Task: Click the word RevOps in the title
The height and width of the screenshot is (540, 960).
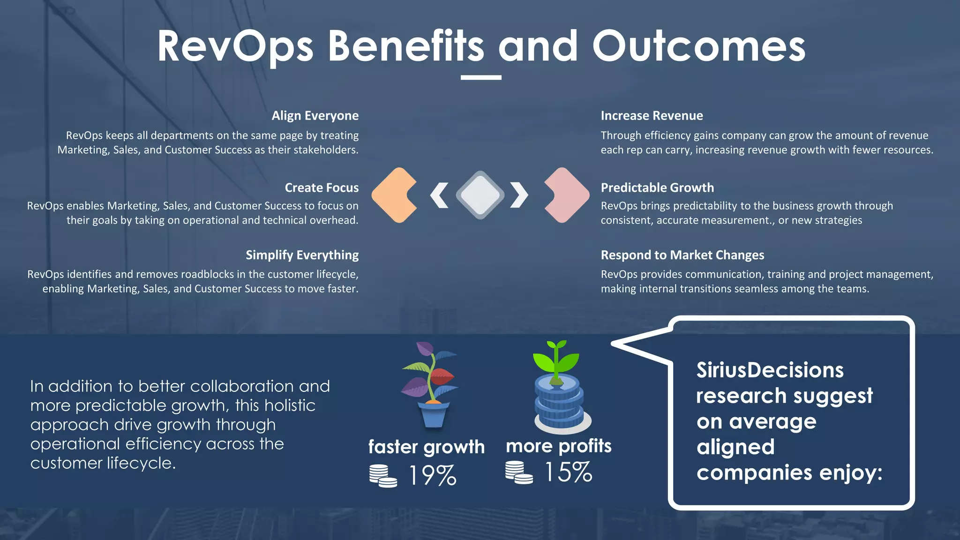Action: click(x=235, y=47)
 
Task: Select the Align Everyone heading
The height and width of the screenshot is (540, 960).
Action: click(x=315, y=116)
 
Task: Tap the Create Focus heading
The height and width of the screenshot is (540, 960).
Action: click(x=322, y=188)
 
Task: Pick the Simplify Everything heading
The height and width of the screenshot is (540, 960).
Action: click(x=302, y=255)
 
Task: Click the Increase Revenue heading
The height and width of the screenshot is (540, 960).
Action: click(x=652, y=116)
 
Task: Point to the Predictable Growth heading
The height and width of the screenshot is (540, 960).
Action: click(x=657, y=188)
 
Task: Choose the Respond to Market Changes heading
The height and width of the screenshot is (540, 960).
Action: click(x=682, y=255)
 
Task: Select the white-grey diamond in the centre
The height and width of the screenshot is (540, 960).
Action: click(x=480, y=195)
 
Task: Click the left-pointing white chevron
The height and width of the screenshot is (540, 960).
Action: click(x=439, y=195)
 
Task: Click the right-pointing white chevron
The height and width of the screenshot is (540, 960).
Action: click(x=519, y=195)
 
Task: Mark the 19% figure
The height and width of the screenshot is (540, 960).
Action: click(x=432, y=475)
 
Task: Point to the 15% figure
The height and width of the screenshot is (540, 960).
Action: click(x=568, y=472)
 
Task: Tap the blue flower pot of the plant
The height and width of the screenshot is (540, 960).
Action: click(x=434, y=415)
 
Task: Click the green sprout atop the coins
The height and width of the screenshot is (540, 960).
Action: click(x=556, y=359)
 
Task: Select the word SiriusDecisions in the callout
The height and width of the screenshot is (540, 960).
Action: click(x=770, y=370)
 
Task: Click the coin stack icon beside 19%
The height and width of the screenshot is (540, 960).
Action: click(x=382, y=476)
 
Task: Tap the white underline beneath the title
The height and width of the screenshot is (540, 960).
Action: click(x=481, y=77)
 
